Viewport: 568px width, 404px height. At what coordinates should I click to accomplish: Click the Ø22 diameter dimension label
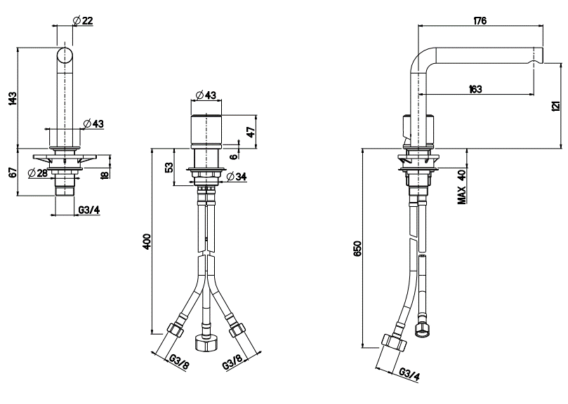click(83, 20)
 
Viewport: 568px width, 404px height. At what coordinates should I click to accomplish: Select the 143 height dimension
click(13, 98)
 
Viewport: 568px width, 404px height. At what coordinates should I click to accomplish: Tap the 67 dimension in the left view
click(13, 173)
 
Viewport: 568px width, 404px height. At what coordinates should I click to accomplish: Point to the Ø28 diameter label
click(38, 173)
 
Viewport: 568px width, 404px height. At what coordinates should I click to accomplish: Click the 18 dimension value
click(105, 175)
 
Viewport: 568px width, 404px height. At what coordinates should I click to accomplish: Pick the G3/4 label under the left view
click(89, 210)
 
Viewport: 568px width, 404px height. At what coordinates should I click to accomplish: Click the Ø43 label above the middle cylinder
click(206, 95)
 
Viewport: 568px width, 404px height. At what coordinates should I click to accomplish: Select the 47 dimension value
click(251, 131)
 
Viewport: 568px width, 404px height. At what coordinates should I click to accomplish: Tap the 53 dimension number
click(169, 167)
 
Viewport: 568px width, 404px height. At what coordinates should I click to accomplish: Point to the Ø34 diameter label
click(237, 176)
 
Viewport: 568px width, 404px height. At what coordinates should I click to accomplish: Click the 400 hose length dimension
click(147, 241)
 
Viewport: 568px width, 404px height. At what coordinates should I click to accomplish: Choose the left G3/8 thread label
click(179, 362)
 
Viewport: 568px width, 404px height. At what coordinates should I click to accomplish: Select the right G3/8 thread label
click(232, 362)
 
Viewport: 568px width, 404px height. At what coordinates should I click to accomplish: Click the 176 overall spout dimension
click(480, 20)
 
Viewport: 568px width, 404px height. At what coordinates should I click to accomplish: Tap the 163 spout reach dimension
click(475, 88)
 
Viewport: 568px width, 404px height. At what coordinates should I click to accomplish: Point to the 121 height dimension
click(557, 106)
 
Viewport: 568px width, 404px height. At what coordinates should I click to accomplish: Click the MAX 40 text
click(462, 187)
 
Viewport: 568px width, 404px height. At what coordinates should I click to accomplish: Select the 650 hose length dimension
click(357, 248)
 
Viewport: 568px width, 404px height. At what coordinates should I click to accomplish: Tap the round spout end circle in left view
click(65, 55)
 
